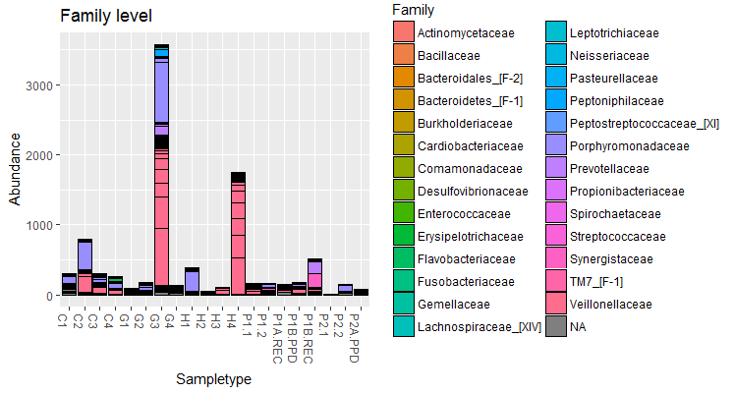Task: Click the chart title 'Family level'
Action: pyautogui.click(x=105, y=16)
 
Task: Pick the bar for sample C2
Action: pyautogui.click(x=85, y=266)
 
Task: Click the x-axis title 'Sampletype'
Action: pyautogui.click(x=213, y=378)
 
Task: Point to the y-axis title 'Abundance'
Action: pyautogui.click(x=15, y=170)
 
